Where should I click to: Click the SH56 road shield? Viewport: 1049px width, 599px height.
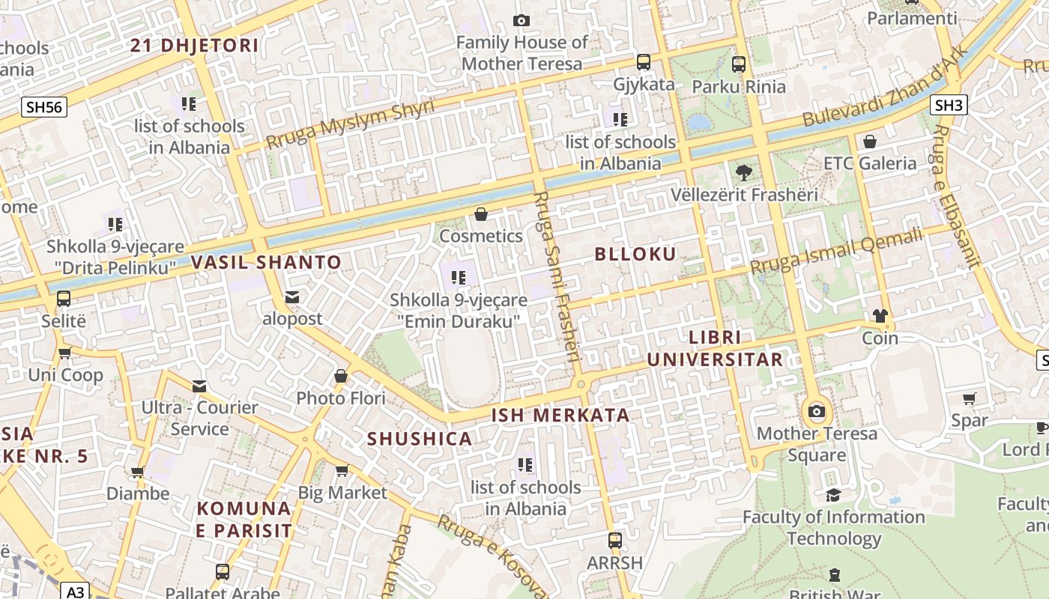(44, 107)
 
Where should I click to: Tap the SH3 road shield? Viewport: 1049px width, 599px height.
(949, 105)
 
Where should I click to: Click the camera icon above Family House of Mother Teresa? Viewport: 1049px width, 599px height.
(522, 21)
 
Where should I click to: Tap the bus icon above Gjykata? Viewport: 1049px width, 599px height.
(644, 62)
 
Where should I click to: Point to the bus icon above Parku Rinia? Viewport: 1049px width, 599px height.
(739, 64)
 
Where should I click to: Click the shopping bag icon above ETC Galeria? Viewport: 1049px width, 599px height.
(870, 142)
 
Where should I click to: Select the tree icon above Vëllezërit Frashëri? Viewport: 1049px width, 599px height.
(744, 173)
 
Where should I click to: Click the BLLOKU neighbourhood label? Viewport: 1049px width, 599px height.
(635, 254)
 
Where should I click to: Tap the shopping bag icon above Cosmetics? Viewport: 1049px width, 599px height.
(481, 215)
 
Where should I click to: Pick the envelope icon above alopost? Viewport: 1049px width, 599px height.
(292, 297)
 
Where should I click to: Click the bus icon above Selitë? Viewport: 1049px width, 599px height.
(64, 299)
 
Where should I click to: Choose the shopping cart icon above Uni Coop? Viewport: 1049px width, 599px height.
(65, 353)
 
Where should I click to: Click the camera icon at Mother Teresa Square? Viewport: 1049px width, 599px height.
(817, 411)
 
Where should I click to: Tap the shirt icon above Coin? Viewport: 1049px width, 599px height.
(880, 316)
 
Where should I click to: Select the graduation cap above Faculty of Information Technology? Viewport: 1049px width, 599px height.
(833, 495)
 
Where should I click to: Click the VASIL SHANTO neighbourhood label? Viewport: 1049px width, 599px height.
(266, 263)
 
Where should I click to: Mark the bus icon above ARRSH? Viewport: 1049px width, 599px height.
(615, 540)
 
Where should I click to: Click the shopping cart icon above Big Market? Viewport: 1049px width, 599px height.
(342, 470)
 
